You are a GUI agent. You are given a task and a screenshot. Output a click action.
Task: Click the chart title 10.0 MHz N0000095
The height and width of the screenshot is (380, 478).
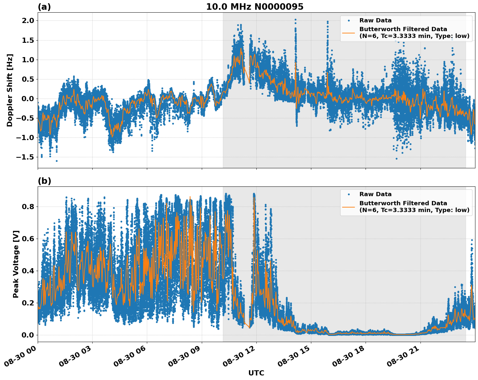[x=255, y=7]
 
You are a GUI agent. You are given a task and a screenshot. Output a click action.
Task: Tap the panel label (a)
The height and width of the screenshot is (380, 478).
[x=44, y=7]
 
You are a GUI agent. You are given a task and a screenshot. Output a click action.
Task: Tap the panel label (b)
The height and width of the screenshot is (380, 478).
[x=45, y=181]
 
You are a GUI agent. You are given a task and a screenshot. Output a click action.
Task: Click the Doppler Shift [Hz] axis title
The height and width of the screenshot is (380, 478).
[x=10, y=90]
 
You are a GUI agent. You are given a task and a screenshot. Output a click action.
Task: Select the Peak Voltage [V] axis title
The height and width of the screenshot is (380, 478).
[x=16, y=264]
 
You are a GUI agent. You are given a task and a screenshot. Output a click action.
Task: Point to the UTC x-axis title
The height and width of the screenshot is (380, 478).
[x=256, y=373]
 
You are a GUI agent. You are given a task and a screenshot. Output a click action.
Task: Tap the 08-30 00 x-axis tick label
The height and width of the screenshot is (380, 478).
[x=22, y=359]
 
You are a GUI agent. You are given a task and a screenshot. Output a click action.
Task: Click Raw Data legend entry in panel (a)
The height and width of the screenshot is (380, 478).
[x=375, y=20]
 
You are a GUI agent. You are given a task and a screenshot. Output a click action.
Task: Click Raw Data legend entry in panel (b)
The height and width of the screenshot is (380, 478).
[x=375, y=194]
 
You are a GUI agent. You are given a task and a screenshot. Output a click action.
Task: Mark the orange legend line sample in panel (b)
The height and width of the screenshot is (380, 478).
[x=348, y=207]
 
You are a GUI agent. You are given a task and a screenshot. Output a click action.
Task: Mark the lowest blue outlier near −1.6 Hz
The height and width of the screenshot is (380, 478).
[x=57, y=161]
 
